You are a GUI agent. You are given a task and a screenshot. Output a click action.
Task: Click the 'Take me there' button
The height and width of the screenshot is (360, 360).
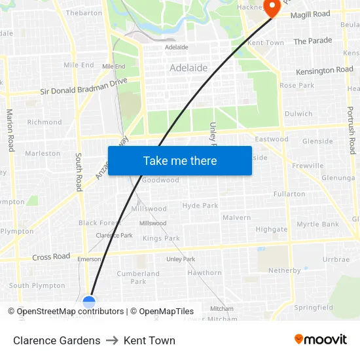(x=179, y=160)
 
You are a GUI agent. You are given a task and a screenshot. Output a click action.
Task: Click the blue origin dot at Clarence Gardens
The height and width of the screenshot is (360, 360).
(x=89, y=302)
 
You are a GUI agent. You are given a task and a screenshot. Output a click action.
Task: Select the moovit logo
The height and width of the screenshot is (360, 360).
(x=321, y=340)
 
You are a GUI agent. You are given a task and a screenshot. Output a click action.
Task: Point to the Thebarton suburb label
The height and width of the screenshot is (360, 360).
(x=84, y=13)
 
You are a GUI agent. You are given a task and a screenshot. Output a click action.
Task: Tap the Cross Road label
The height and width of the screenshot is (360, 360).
(x=51, y=257)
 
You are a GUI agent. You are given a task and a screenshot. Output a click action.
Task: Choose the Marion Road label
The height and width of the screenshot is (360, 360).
(x=10, y=130)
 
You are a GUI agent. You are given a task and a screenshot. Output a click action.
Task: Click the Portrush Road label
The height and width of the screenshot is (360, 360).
(x=351, y=132)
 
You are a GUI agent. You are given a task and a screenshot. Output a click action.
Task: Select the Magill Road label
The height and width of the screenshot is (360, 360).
(x=310, y=14)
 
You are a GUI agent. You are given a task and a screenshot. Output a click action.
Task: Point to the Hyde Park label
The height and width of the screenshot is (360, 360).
(x=200, y=206)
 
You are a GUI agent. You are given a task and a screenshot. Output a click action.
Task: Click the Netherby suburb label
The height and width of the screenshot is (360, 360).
(x=285, y=270)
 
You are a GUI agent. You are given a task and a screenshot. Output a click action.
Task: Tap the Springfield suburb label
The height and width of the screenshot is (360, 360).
(x=313, y=308)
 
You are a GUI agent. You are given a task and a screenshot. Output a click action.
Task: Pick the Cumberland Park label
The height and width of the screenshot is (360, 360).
(x=138, y=278)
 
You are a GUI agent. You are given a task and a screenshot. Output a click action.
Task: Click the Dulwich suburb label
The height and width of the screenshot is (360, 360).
(x=298, y=114)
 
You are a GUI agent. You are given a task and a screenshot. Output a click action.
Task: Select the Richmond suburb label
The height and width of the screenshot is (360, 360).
(x=45, y=122)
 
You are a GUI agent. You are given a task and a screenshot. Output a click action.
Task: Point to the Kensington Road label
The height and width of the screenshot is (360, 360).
(x=324, y=71)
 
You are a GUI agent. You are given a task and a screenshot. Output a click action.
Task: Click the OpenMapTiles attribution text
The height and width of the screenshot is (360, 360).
(x=162, y=312)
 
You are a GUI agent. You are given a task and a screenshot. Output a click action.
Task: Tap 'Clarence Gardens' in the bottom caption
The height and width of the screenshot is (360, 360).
(x=57, y=340)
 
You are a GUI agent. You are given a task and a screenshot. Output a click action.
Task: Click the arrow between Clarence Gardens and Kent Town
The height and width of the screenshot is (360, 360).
(x=112, y=340)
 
